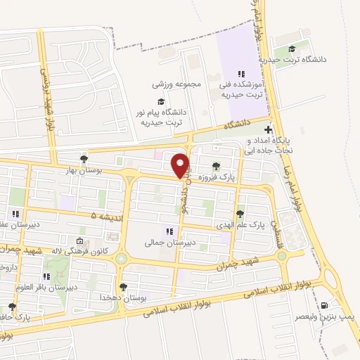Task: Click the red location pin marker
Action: [x=181, y=166]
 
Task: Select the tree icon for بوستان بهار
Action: [x=84, y=159]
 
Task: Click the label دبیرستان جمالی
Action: [x=164, y=243]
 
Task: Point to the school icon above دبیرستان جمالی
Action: [x=169, y=231]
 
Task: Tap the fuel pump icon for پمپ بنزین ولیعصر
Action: [x=324, y=305]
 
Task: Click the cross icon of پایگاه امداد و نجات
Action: [x=268, y=130]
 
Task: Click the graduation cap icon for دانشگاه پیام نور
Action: [x=161, y=101]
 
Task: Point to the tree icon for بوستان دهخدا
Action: [x=124, y=286]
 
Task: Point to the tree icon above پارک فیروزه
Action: [x=216, y=167]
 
